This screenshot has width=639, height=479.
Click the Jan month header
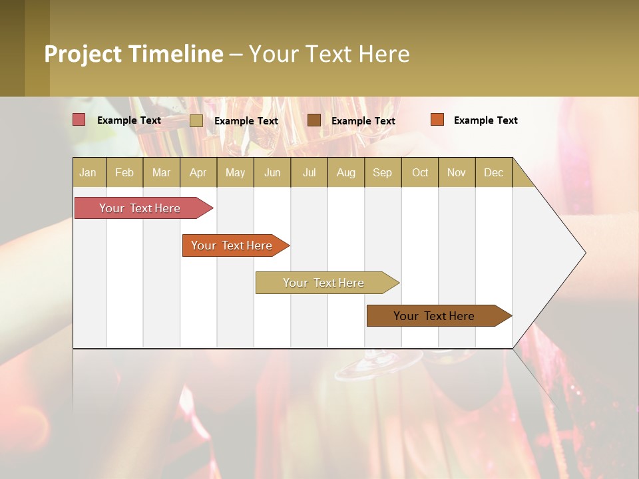point(89,172)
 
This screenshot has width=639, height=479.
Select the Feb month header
point(124,172)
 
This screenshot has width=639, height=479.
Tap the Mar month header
point(161,172)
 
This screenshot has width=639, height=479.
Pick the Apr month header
point(198,172)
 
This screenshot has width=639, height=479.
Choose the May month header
point(235,172)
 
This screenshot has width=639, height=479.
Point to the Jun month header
point(272,172)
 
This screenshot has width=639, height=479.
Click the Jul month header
point(309,172)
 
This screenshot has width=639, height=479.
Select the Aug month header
point(346,172)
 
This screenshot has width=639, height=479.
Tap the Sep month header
point(383,172)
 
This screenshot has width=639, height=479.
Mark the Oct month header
point(420,172)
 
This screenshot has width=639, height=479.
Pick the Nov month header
point(457,172)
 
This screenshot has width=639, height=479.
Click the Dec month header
point(494,172)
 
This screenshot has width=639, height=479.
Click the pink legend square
point(79,120)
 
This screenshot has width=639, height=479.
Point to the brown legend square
point(314,120)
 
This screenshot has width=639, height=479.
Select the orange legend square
point(437,120)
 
